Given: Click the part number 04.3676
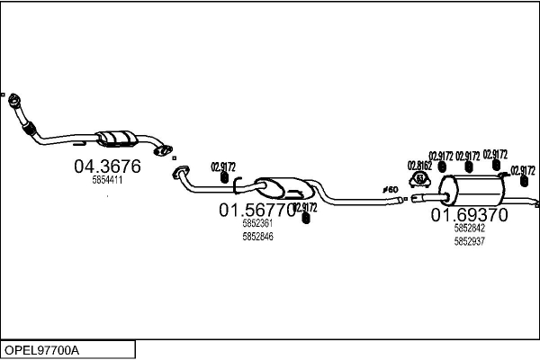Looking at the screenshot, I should pyautogui.click(x=106, y=166).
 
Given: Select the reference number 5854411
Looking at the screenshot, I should pyautogui.click(x=107, y=180).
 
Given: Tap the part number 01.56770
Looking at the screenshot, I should pyautogui.click(x=257, y=210).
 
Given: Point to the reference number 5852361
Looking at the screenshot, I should pyautogui.click(x=257, y=224).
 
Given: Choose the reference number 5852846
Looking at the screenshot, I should pyautogui.click(x=257, y=237).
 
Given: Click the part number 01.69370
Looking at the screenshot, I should pyautogui.click(x=469, y=215).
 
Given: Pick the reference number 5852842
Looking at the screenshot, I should pyautogui.click(x=469, y=229).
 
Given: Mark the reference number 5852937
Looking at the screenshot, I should pyautogui.click(x=469, y=241).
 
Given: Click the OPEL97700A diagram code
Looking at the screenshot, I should pyautogui.click(x=41, y=349).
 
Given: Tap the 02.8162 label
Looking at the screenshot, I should pyautogui.click(x=419, y=165).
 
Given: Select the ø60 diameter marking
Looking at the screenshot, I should pyautogui.click(x=391, y=189).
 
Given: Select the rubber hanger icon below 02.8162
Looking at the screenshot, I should pyautogui.click(x=420, y=178).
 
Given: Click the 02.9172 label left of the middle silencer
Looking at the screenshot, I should pyautogui.click(x=223, y=166).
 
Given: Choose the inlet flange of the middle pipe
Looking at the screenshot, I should pyautogui.click(x=178, y=171).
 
